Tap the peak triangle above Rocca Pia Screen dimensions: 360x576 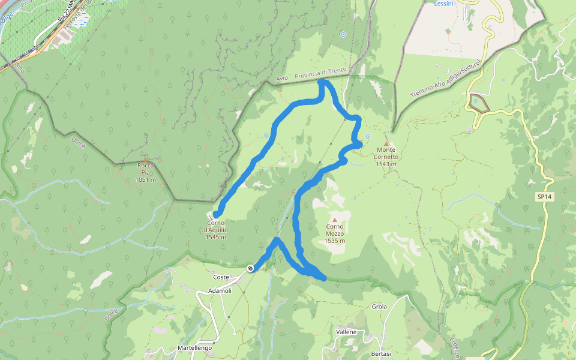pos(146,158)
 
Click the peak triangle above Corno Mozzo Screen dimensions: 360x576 pos(335,220)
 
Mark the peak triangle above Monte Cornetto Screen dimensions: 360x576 pos(387,143)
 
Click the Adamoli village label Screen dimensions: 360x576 pos(220,290)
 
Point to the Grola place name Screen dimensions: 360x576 pos(379,307)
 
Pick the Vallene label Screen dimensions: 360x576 pos(346,332)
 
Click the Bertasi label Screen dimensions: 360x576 pos(382,353)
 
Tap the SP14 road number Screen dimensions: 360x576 pos(544,196)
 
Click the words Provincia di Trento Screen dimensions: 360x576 pos(321,74)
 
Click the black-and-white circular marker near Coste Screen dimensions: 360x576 pos(250,268)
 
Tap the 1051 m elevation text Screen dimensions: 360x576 pos(146,179)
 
